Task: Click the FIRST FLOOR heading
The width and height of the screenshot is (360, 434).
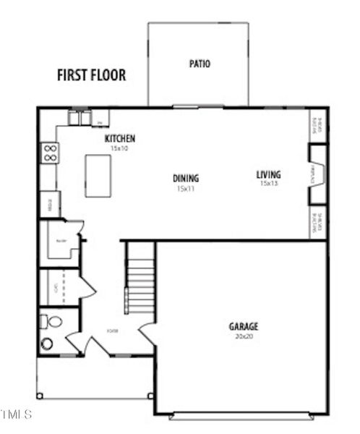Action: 91,75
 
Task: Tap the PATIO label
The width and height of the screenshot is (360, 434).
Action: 200,64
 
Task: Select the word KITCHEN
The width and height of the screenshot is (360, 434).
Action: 120,138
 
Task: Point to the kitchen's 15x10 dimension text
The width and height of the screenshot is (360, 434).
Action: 119,148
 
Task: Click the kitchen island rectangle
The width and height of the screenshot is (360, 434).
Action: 98,175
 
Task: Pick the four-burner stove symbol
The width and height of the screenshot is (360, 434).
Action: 50,153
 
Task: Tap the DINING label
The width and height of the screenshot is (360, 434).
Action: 186,178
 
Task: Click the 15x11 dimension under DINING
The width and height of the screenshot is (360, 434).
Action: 186,188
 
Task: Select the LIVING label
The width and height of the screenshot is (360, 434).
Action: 268,174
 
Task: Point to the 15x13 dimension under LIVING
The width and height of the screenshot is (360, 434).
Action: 268,184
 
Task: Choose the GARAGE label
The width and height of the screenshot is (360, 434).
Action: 244,326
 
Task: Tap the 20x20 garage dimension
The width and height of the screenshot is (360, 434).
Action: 244,336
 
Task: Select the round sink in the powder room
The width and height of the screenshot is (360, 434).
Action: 47,344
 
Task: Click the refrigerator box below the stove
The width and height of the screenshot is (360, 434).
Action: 49,203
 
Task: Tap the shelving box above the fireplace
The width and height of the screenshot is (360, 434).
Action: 317,126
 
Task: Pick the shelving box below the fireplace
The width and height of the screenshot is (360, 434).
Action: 317,223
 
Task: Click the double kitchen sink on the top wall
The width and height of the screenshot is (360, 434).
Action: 80,117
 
